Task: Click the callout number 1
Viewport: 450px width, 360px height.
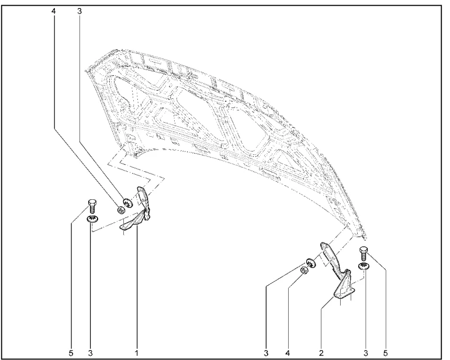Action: (137, 352)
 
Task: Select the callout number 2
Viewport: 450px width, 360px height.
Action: (321, 352)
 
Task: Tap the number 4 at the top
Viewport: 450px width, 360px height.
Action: (53, 11)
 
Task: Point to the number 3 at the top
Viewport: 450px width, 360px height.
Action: (79, 11)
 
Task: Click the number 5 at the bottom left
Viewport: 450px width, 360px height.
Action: (71, 352)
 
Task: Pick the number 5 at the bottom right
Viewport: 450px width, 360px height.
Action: (385, 352)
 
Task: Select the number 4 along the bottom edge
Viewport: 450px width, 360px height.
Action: (288, 352)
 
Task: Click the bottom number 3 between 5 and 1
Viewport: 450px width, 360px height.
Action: (91, 352)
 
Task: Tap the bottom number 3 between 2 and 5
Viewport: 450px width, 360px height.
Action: (366, 352)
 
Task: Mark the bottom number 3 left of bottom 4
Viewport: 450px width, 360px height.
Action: (266, 352)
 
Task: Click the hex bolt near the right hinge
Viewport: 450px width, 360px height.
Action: (363, 253)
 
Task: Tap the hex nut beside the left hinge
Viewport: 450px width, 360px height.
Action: (121, 210)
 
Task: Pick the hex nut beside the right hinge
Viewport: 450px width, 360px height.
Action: (304, 270)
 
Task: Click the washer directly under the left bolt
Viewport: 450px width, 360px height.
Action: (92, 219)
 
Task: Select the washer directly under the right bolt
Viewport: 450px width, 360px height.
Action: (364, 266)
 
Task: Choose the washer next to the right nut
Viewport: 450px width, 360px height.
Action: (311, 263)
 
